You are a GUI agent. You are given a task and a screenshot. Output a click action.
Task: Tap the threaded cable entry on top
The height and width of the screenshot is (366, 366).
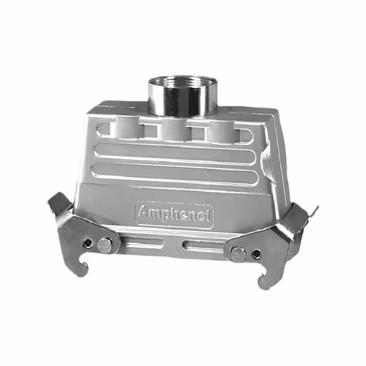point(183,96)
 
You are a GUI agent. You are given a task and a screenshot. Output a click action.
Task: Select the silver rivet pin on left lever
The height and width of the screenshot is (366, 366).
point(104,246)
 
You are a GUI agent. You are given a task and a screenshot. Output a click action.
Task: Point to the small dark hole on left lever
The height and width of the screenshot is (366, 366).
point(89,243)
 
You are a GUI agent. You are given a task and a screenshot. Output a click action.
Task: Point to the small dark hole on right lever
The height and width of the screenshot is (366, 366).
point(257,253)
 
